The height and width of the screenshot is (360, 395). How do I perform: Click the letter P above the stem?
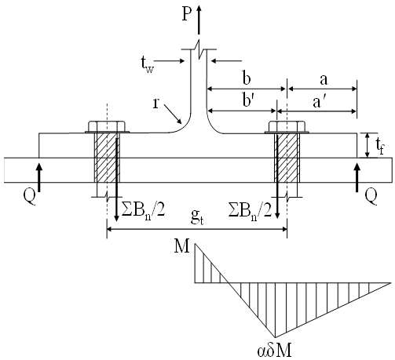[x=187, y=14]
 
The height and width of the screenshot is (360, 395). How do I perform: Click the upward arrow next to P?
[x=199, y=20]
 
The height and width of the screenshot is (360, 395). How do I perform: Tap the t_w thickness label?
[x=148, y=65]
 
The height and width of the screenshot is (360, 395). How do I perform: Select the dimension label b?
[x=247, y=78]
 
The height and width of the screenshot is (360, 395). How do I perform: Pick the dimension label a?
[x=324, y=80]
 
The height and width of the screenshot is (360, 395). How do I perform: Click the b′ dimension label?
[x=248, y=100]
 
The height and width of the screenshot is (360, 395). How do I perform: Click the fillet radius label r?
[x=155, y=104]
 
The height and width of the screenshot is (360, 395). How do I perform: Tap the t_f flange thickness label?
[x=380, y=146]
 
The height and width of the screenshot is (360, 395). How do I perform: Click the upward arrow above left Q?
[x=39, y=177]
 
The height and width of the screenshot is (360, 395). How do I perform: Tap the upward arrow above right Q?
[x=357, y=177]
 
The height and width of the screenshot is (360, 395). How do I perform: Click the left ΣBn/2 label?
[x=143, y=211]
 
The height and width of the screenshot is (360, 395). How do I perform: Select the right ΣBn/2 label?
[x=250, y=211]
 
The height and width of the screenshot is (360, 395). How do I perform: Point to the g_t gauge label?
[x=197, y=217]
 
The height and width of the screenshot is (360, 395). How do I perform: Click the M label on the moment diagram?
[x=181, y=246]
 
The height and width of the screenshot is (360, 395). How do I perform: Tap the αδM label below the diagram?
[x=275, y=351]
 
